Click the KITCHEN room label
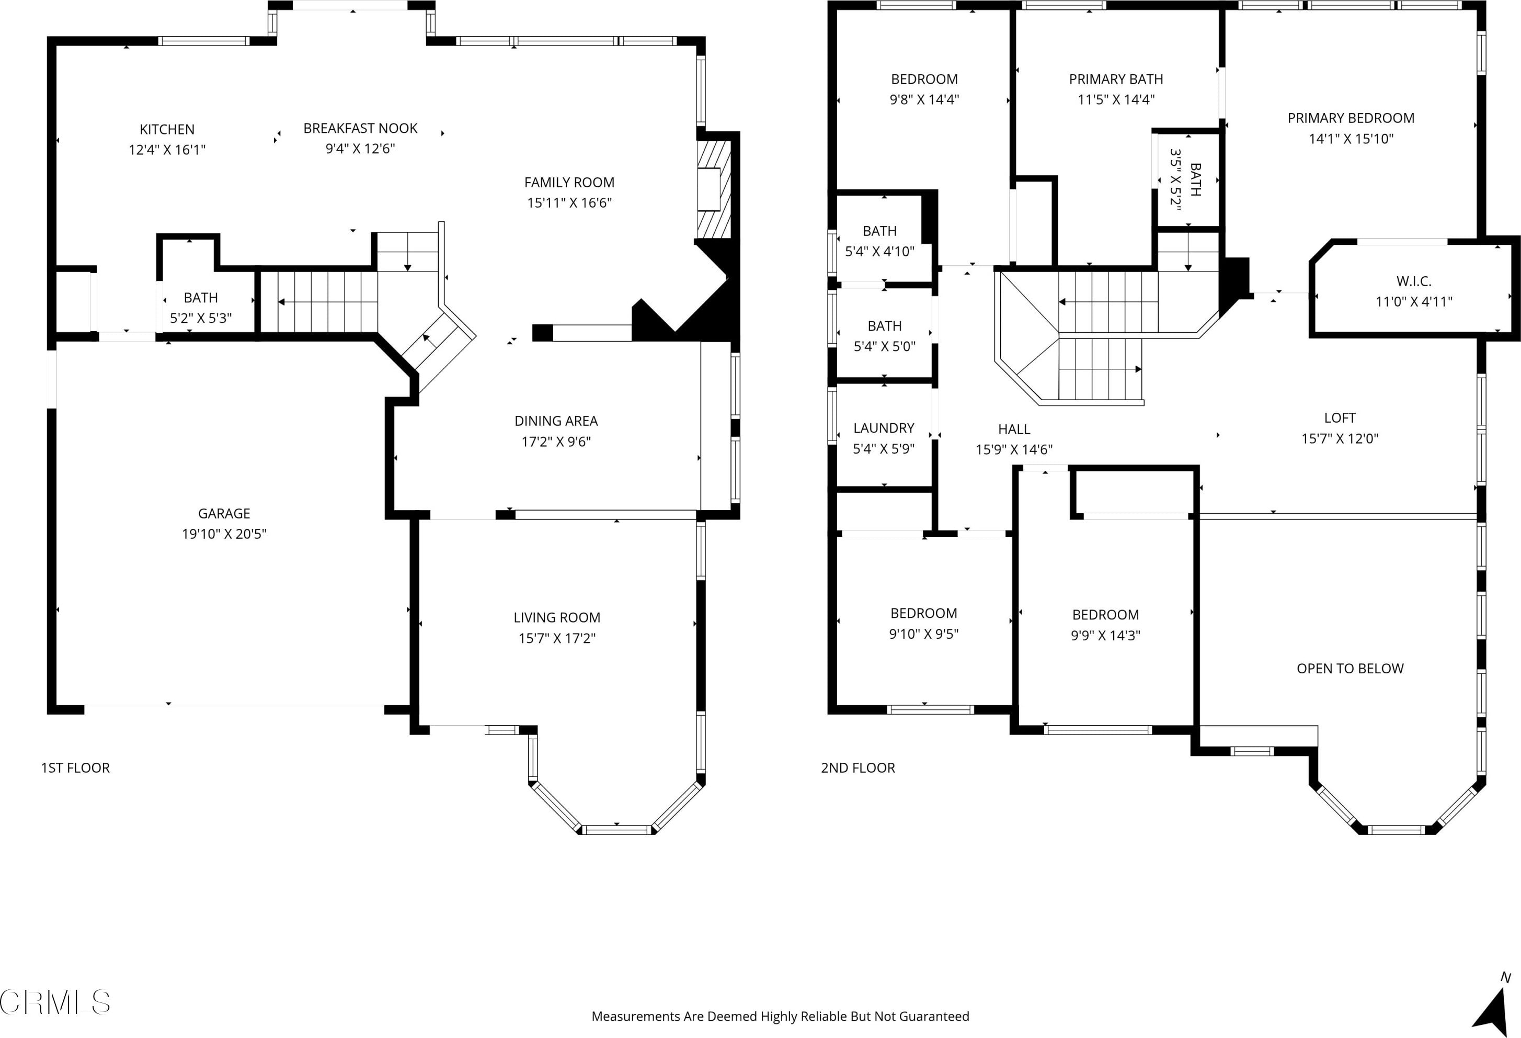[x=167, y=129]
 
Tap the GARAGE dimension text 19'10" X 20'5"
[x=224, y=534]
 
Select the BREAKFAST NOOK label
[x=360, y=128]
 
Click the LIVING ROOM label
[x=557, y=617]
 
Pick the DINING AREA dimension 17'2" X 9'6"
[x=556, y=442]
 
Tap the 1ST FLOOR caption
[x=75, y=768]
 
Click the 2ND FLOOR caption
[x=857, y=768]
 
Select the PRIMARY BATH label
[x=1116, y=79]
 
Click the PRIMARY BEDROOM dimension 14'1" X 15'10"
[x=1351, y=139]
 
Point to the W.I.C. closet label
[x=1414, y=281]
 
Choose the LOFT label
[x=1340, y=418]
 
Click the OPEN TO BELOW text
[x=1350, y=669]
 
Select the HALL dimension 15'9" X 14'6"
[x=1014, y=449]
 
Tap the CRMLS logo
[x=55, y=1002]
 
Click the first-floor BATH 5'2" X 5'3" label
[x=200, y=308]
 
